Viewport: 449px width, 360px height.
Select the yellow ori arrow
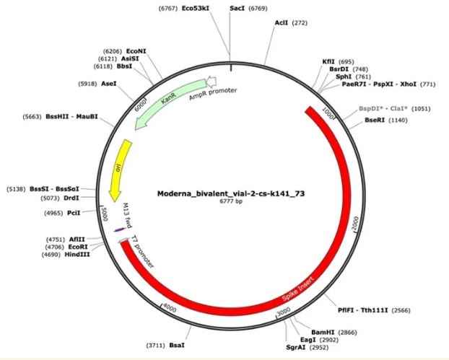(119, 170)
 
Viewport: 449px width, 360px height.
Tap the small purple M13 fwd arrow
(120, 229)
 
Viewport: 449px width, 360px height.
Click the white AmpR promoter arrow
(212, 82)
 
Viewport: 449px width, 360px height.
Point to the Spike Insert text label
(298, 289)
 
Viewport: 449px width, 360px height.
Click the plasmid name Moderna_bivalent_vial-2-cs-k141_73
(231, 194)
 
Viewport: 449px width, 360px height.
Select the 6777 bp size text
(231, 201)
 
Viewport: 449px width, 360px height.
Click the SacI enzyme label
(237, 9)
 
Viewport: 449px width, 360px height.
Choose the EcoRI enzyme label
(78, 247)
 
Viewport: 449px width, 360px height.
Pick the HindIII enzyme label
(77, 254)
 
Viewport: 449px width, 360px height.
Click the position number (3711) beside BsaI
(155, 346)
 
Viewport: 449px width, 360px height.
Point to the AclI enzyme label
(282, 22)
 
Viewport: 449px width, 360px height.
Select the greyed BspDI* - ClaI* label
(383, 109)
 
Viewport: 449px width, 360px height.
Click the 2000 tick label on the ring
(355, 224)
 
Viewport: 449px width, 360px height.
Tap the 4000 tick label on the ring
(169, 308)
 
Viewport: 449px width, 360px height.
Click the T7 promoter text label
(142, 252)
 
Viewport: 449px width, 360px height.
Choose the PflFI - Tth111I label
(363, 310)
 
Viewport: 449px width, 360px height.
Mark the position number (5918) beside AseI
(87, 84)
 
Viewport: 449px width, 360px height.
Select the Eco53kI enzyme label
(196, 9)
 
